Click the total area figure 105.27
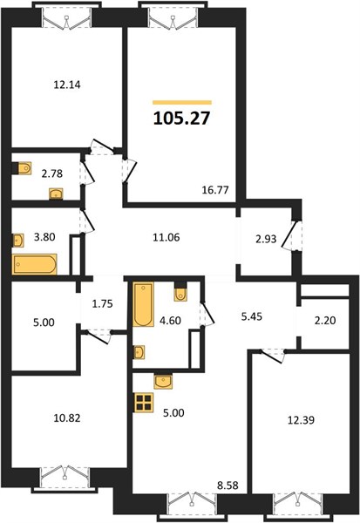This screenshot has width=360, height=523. (182, 118)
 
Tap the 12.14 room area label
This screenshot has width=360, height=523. (67, 85)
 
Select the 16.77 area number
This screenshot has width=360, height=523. (215, 190)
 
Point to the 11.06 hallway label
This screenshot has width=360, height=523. (166, 237)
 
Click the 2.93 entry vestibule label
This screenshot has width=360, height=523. (266, 239)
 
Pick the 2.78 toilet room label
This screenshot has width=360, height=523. (52, 173)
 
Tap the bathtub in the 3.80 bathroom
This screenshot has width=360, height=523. (34, 264)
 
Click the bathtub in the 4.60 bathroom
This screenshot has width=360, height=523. (144, 304)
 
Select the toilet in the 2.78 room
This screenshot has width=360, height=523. (24, 168)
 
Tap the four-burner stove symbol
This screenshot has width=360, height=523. (144, 402)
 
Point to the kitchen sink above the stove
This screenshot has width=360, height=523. (163, 382)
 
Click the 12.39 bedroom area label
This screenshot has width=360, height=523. (301, 420)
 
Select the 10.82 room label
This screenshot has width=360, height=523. (67, 418)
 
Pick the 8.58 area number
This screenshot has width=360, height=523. (228, 485)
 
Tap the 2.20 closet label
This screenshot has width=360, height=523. (325, 321)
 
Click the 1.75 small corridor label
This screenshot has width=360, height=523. (102, 304)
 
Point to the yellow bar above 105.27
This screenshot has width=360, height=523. (182, 102)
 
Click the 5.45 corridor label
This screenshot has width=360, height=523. (252, 316)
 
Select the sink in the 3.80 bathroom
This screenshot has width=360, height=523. (18, 241)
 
